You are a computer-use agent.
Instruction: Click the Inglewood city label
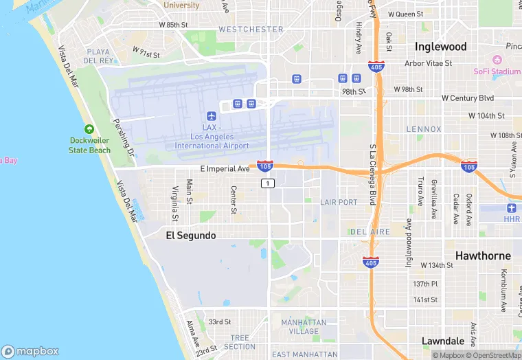(x=440, y=47)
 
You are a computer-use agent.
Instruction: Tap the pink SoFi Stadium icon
(x=497, y=60)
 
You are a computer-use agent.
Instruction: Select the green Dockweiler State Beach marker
(x=89, y=129)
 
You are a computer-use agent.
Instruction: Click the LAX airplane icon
(x=212, y=115)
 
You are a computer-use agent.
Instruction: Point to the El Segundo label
(x=191, y=236)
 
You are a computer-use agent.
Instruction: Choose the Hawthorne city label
(x=483, y=256)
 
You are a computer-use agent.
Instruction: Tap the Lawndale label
(x=443, y=341)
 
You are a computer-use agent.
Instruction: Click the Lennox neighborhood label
(x=424, y=129)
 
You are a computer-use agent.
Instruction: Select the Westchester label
(x=251, y=30)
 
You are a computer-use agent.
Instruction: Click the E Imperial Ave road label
(x=225, y=168)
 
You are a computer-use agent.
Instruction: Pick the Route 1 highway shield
(x=268, y=183)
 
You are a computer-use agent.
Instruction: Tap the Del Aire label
(x=371, y=232)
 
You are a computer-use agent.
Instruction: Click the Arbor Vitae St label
(x=429, y=63)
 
